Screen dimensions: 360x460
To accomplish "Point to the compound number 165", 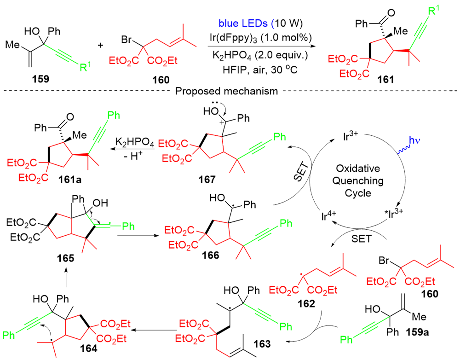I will point(65,259).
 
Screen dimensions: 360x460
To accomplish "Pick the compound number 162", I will point(306,304).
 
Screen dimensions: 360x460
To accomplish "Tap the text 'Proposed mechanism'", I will point(226,91).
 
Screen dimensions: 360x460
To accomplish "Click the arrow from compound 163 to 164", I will point(156,328).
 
